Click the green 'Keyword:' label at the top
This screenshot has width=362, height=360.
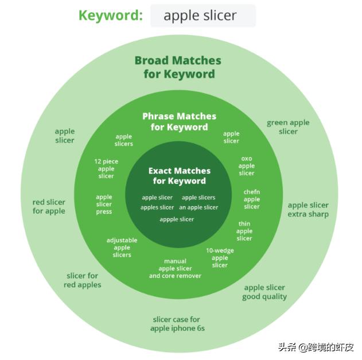[110, 15]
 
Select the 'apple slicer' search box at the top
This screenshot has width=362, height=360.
[203, 16]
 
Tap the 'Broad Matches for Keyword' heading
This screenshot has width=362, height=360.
[178, 67]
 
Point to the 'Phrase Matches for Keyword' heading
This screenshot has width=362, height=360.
[180, 122]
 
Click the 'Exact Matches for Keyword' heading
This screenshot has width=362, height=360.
[180, 176]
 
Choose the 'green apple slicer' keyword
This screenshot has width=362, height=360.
[288, 127]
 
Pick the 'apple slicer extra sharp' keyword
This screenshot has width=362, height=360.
[308, 210]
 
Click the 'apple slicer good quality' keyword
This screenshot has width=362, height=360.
[264, 292]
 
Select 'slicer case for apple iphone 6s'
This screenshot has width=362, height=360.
[177, 324]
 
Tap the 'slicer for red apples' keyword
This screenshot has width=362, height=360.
[83, 280]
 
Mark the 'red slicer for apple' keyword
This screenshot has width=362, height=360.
[49, 207]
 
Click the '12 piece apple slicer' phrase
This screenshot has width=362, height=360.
[106, 169]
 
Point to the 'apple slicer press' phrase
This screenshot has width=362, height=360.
[104, 204]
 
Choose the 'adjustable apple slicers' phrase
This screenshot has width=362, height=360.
[122, 247]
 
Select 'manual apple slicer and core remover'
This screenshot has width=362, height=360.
[175, 268]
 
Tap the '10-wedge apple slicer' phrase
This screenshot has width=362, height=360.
[220, 258]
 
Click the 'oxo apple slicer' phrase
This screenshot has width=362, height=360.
[247, 166]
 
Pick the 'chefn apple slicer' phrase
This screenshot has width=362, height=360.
[252, 199]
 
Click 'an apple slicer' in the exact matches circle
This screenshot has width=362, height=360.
[198, 207]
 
